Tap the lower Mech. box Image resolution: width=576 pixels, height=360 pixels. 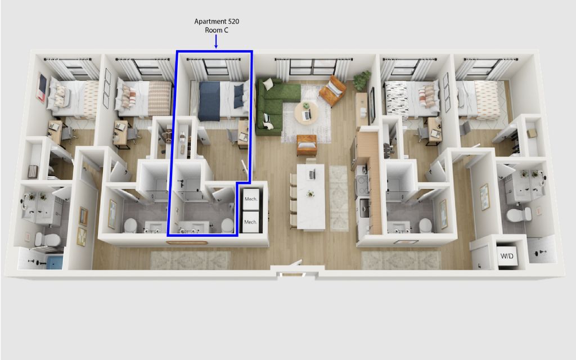click(251, 222)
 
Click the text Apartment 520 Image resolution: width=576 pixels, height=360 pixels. click(217, 21)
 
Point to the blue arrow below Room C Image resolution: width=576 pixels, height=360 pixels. click(216, 42)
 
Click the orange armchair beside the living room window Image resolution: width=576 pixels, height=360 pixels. click(332, 91)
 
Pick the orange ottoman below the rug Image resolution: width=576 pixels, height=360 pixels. click(307, 145)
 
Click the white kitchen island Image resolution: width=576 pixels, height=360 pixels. click(311, 196)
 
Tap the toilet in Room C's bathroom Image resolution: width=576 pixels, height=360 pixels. click(227, 225)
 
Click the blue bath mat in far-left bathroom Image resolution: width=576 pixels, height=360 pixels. click(55, 262)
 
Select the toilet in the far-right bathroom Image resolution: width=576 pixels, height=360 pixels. click(518, 214)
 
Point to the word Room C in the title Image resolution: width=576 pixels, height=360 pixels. click(217, 30)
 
